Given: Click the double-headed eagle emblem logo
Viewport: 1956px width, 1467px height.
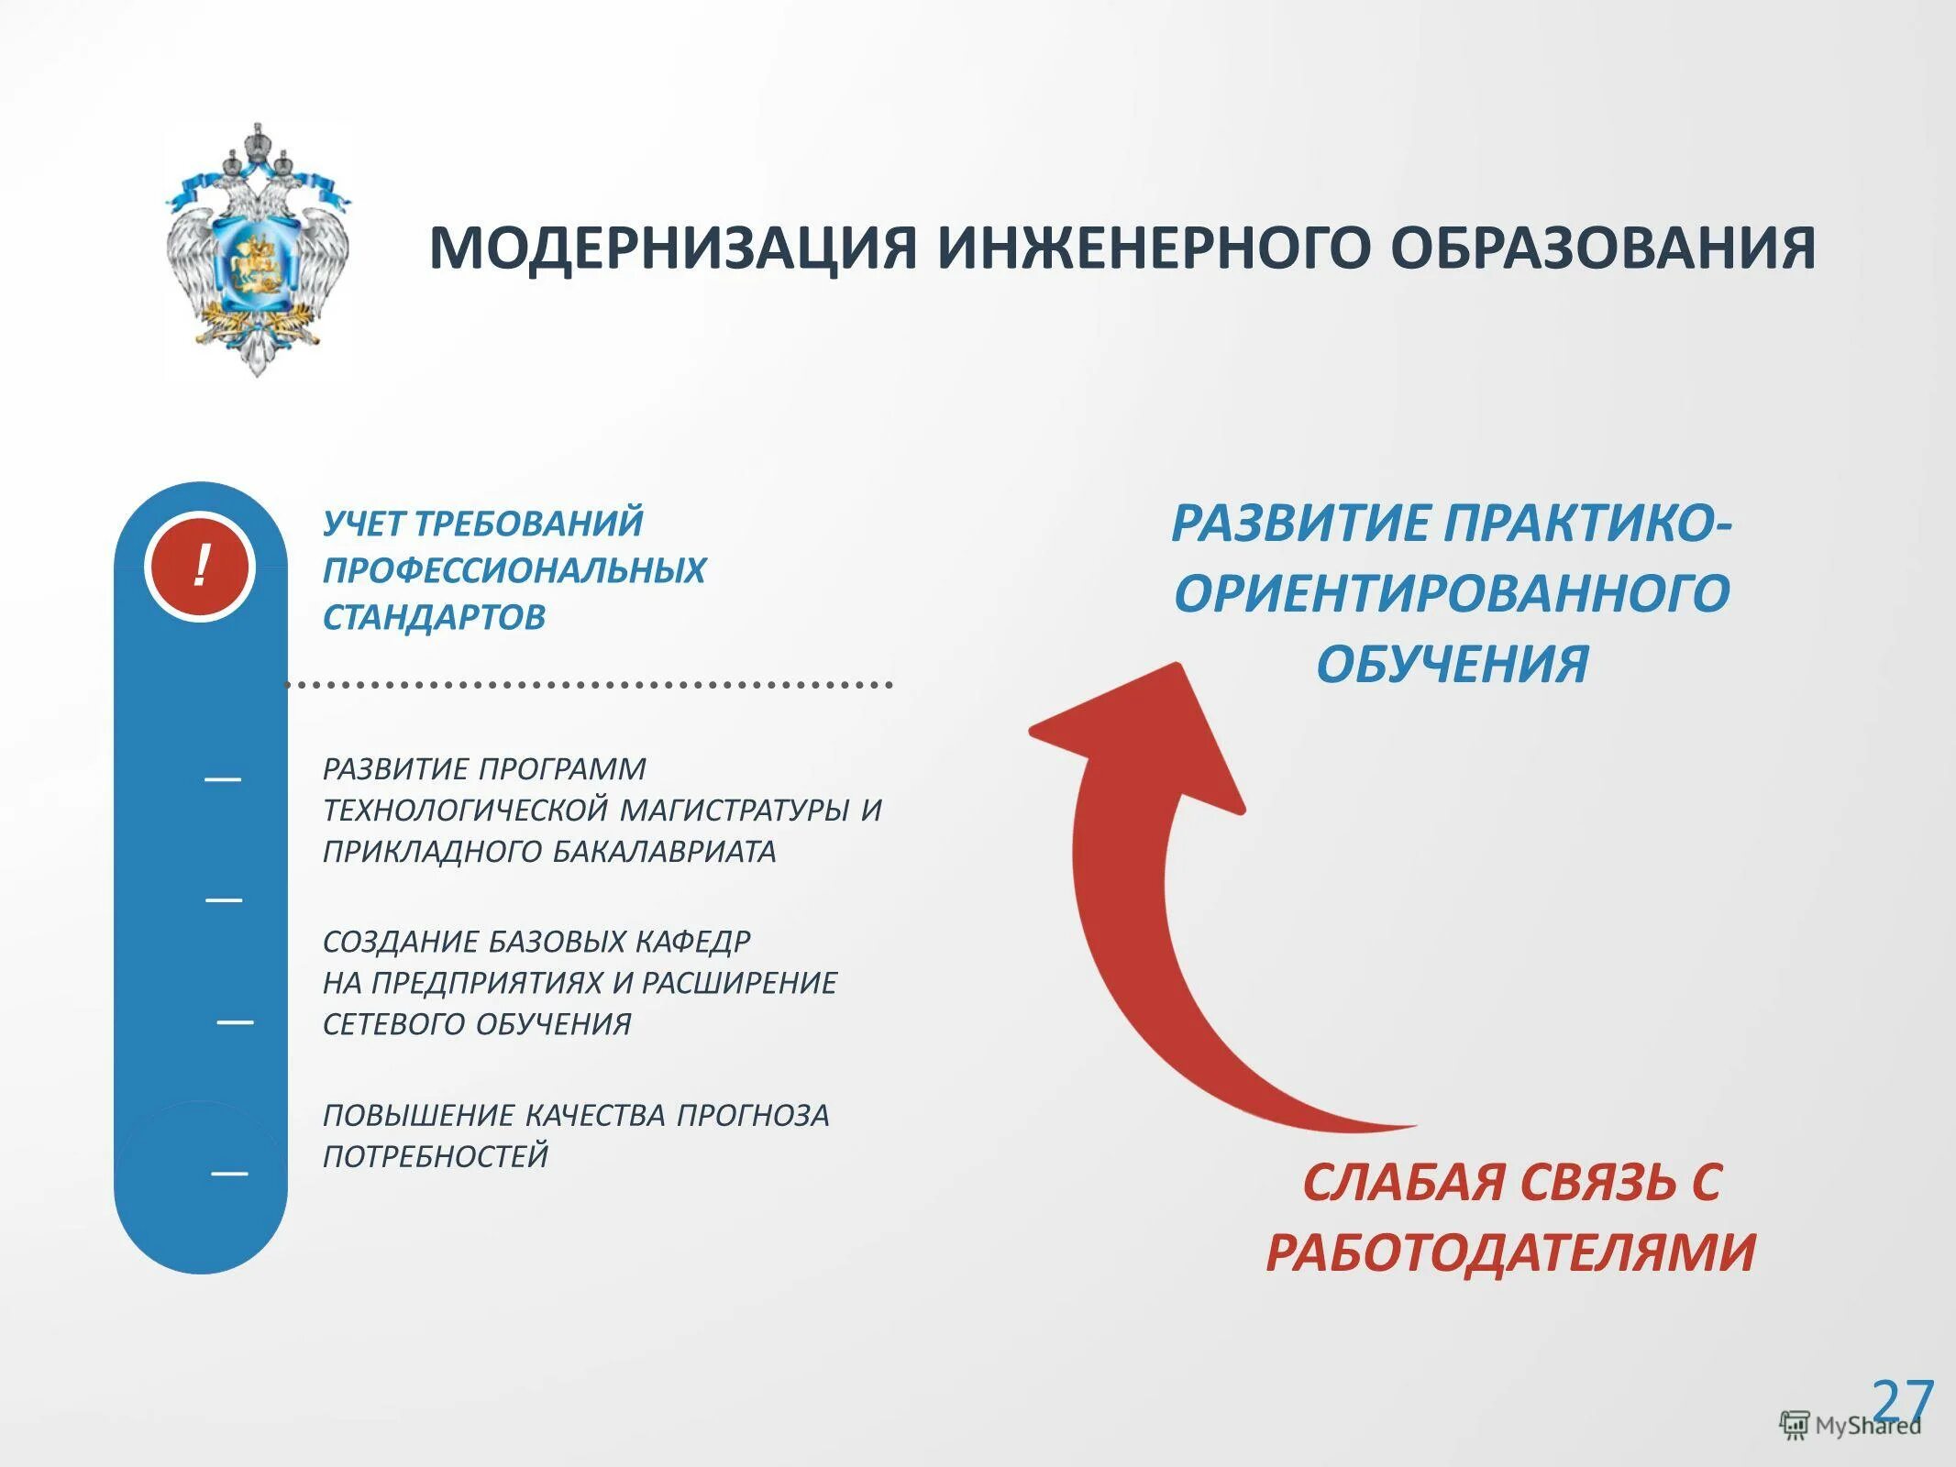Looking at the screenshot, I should point(258,249).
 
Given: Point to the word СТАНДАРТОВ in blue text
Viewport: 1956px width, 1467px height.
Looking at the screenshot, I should point(434,617).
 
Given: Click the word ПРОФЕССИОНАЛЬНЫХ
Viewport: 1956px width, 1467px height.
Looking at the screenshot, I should point(514,570).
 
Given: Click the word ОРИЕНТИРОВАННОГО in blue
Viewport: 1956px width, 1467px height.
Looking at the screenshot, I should point(1452,593).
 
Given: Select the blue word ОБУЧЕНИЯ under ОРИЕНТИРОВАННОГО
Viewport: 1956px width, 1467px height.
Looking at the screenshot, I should point(1452,664).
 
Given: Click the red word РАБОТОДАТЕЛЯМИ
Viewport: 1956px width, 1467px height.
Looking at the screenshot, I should point(1510,1252).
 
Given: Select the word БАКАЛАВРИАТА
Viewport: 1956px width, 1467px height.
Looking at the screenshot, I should point(664,852).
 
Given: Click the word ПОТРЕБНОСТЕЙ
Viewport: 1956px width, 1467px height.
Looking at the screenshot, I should point(436,1156).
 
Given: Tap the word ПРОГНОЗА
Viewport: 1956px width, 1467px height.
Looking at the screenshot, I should point(753,1116).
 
